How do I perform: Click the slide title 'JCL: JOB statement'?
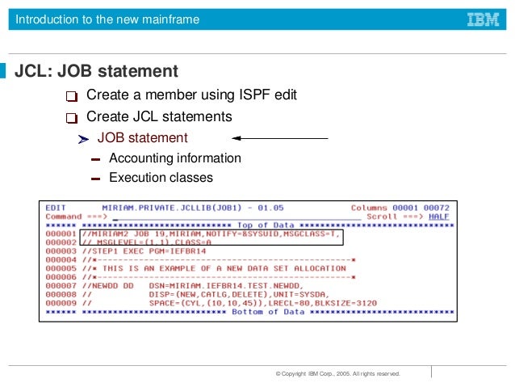point(97,72)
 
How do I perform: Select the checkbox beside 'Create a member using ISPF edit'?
point(73,97)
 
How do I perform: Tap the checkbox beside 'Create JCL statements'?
point(73,118)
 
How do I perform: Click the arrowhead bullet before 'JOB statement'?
point(82,140)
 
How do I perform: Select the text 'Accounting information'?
point(174,158)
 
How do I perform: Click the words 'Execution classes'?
point(161,178)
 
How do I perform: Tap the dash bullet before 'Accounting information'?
point(95,159)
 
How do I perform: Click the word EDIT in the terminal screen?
point(56,208)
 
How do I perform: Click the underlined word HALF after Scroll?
point(438,217)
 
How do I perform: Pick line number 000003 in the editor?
point(61,251)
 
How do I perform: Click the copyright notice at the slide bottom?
point(337,374)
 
